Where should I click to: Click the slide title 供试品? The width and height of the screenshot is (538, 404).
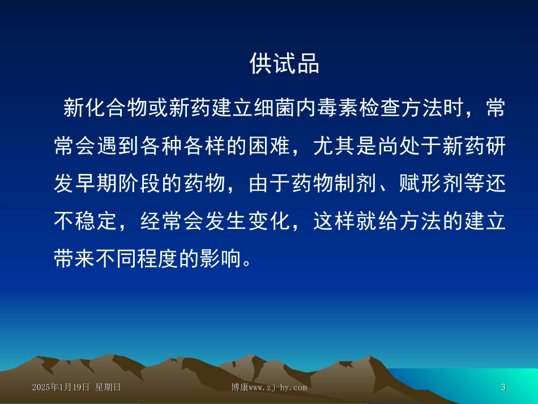(285, 65)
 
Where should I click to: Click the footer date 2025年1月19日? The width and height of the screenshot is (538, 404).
(61, 388)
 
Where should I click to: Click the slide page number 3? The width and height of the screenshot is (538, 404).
(503, 388)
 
